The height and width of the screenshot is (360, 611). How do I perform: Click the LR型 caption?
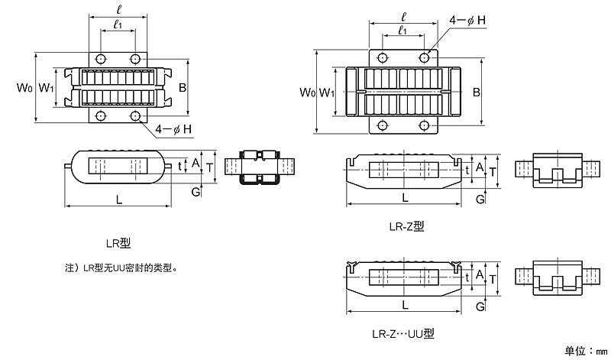(118, 243)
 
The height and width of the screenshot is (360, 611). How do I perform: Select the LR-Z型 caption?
(406, 225)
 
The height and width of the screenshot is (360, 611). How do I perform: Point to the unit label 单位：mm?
(584, 350)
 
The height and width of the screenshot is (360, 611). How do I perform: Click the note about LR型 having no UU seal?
(127, 268)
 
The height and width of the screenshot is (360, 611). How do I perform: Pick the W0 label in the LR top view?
(24, 87)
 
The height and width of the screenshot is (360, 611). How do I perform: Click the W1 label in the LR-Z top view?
(327, 92)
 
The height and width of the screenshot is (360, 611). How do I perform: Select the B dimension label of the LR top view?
(183, 87)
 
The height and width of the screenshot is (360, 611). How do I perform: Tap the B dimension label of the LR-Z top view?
(476, 92)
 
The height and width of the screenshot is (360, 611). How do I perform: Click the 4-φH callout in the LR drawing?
(173, 129)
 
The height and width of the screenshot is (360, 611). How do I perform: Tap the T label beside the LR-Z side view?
(493, 172)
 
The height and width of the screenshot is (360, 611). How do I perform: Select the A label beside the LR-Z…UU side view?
(479, 273)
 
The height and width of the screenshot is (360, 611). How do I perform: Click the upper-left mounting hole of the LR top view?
(101, 59)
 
